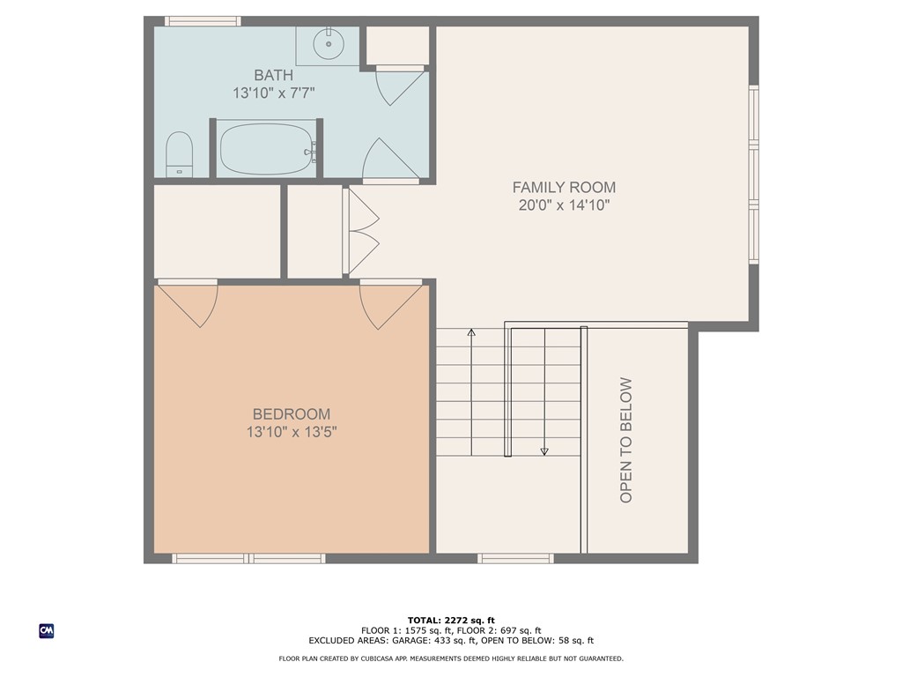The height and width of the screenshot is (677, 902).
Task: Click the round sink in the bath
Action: click(x=329, y=44)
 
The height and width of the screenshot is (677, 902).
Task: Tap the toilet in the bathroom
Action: click(x=179, y=154)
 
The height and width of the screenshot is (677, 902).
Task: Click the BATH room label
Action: click(x=274, y=75)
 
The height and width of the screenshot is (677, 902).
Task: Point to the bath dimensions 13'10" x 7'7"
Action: click(x=274, y=93)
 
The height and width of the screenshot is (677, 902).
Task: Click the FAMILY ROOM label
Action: click(x=564, y=187)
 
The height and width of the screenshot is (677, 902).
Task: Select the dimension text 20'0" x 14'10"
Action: click(x=564, y=205)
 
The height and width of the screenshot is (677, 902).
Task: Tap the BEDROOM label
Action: click(x=292, y=414)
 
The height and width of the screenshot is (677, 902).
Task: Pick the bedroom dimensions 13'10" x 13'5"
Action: click(x=292, y=432)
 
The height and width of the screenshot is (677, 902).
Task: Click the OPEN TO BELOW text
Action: click(x=626, y=440)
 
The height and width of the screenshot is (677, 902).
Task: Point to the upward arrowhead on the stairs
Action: click(x=472, y=332)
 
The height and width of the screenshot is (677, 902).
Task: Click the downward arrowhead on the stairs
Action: click(x=544, y=452)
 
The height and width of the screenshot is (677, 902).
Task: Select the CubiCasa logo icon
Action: click(x=47, y=631)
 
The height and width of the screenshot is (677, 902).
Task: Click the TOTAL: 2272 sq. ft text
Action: click(x=451, y=620)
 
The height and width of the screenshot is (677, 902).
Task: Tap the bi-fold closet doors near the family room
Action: click(x=361, y=231)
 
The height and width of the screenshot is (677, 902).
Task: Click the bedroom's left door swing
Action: click(x=189, y=306)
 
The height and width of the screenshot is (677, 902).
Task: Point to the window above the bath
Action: click(x=203, y=21)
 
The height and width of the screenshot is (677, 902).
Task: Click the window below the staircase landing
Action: click(x=515, y=558)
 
